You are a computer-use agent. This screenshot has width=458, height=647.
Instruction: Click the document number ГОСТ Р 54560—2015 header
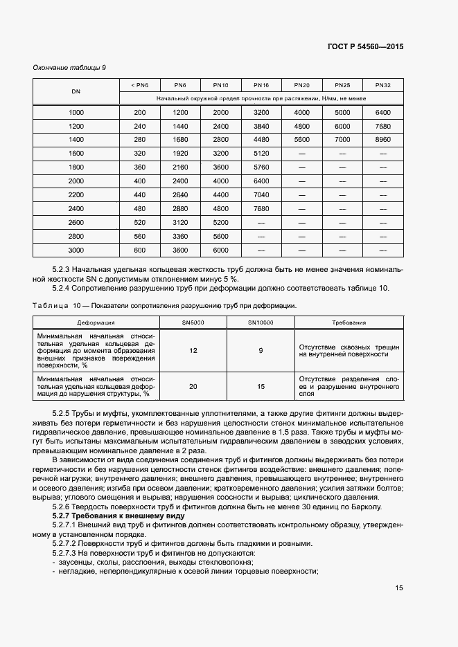[364, 47]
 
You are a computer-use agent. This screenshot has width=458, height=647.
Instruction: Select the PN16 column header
[261, 85]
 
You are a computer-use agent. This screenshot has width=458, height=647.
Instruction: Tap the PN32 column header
[382, 85]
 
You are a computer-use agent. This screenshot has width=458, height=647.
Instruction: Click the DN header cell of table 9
[76, 91]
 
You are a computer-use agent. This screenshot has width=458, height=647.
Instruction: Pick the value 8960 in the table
[382, 139]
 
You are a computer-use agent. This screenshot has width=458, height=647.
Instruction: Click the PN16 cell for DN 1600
[261, 153]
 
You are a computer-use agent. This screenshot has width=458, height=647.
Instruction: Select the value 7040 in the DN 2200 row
[261, 194]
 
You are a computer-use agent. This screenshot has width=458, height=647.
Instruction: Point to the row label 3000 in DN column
[76, 250]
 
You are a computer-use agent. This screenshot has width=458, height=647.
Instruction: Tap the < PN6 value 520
[140, 222]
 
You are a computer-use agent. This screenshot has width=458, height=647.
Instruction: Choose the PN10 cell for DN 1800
[220, 167]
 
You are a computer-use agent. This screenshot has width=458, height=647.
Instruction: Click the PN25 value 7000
[342, 139]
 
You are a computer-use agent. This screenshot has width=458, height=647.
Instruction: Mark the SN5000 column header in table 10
[193, 322]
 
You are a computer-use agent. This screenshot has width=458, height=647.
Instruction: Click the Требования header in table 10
[349, 322]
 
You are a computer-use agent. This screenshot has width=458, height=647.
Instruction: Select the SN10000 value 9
[261, 351]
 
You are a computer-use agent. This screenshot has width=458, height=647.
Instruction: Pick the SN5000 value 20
[193, 387]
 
